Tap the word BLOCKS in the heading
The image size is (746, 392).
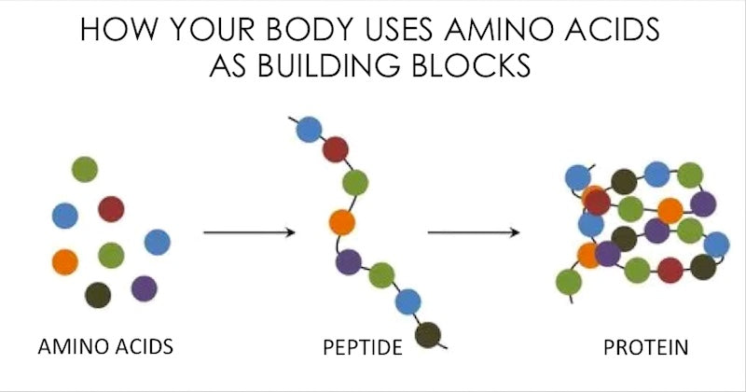pos(471,64)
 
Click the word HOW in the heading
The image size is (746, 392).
pos(118,29)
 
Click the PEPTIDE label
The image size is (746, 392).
pos(363,347)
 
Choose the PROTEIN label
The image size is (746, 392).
pos(645,347)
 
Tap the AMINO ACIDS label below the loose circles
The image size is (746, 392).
pos(105,346)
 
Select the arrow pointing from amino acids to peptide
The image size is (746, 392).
pos(249,232)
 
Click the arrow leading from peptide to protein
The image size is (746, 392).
pos(474,232)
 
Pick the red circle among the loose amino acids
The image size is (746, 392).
pos(111,209)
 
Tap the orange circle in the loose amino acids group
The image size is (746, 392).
pos(65,262)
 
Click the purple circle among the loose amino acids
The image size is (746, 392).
pos(145,288)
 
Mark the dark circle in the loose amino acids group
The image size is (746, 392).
pos(98,295)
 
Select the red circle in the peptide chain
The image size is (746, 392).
pos(336,149)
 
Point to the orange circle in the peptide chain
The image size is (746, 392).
pos(342,222)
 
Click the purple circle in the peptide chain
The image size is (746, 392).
pos(348,262)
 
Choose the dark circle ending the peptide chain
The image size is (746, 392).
pos(428,335)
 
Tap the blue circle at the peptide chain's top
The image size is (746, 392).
pos(309,130)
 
